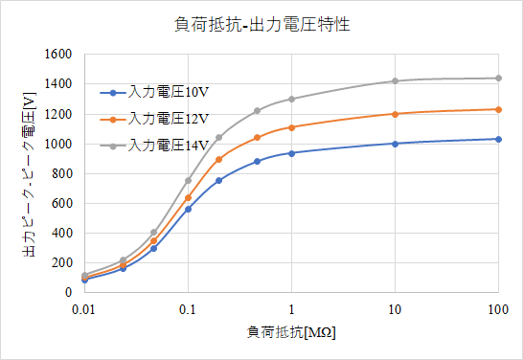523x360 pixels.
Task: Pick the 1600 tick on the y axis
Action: [58, 55]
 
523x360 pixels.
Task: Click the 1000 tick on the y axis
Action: [58, 144]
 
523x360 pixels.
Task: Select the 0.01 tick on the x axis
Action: [84, 309]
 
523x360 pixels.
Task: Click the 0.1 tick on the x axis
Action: [188, 309]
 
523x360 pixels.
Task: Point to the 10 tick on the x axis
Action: [395, 309]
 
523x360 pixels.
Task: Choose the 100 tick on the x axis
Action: [498, 309]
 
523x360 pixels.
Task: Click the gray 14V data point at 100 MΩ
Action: [498, 79]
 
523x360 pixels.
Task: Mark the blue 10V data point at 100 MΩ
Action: [498, 139]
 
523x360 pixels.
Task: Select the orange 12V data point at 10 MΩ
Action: [395, 114]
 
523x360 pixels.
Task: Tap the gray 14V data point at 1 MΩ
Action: [291, 99]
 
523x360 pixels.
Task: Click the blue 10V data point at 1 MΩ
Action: [291, 153]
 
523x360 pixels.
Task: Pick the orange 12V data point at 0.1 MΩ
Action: [188, 198]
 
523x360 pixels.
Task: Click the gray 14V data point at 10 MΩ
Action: [395, 81]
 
